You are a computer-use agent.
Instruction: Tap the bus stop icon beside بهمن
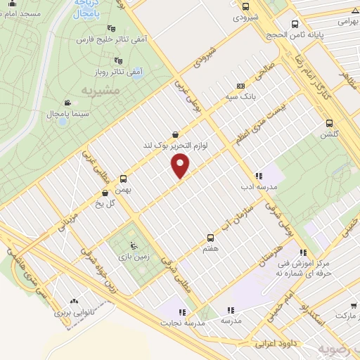(124, 179)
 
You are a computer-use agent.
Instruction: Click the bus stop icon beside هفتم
(210, 238)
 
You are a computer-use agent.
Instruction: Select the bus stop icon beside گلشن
(328, 122)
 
